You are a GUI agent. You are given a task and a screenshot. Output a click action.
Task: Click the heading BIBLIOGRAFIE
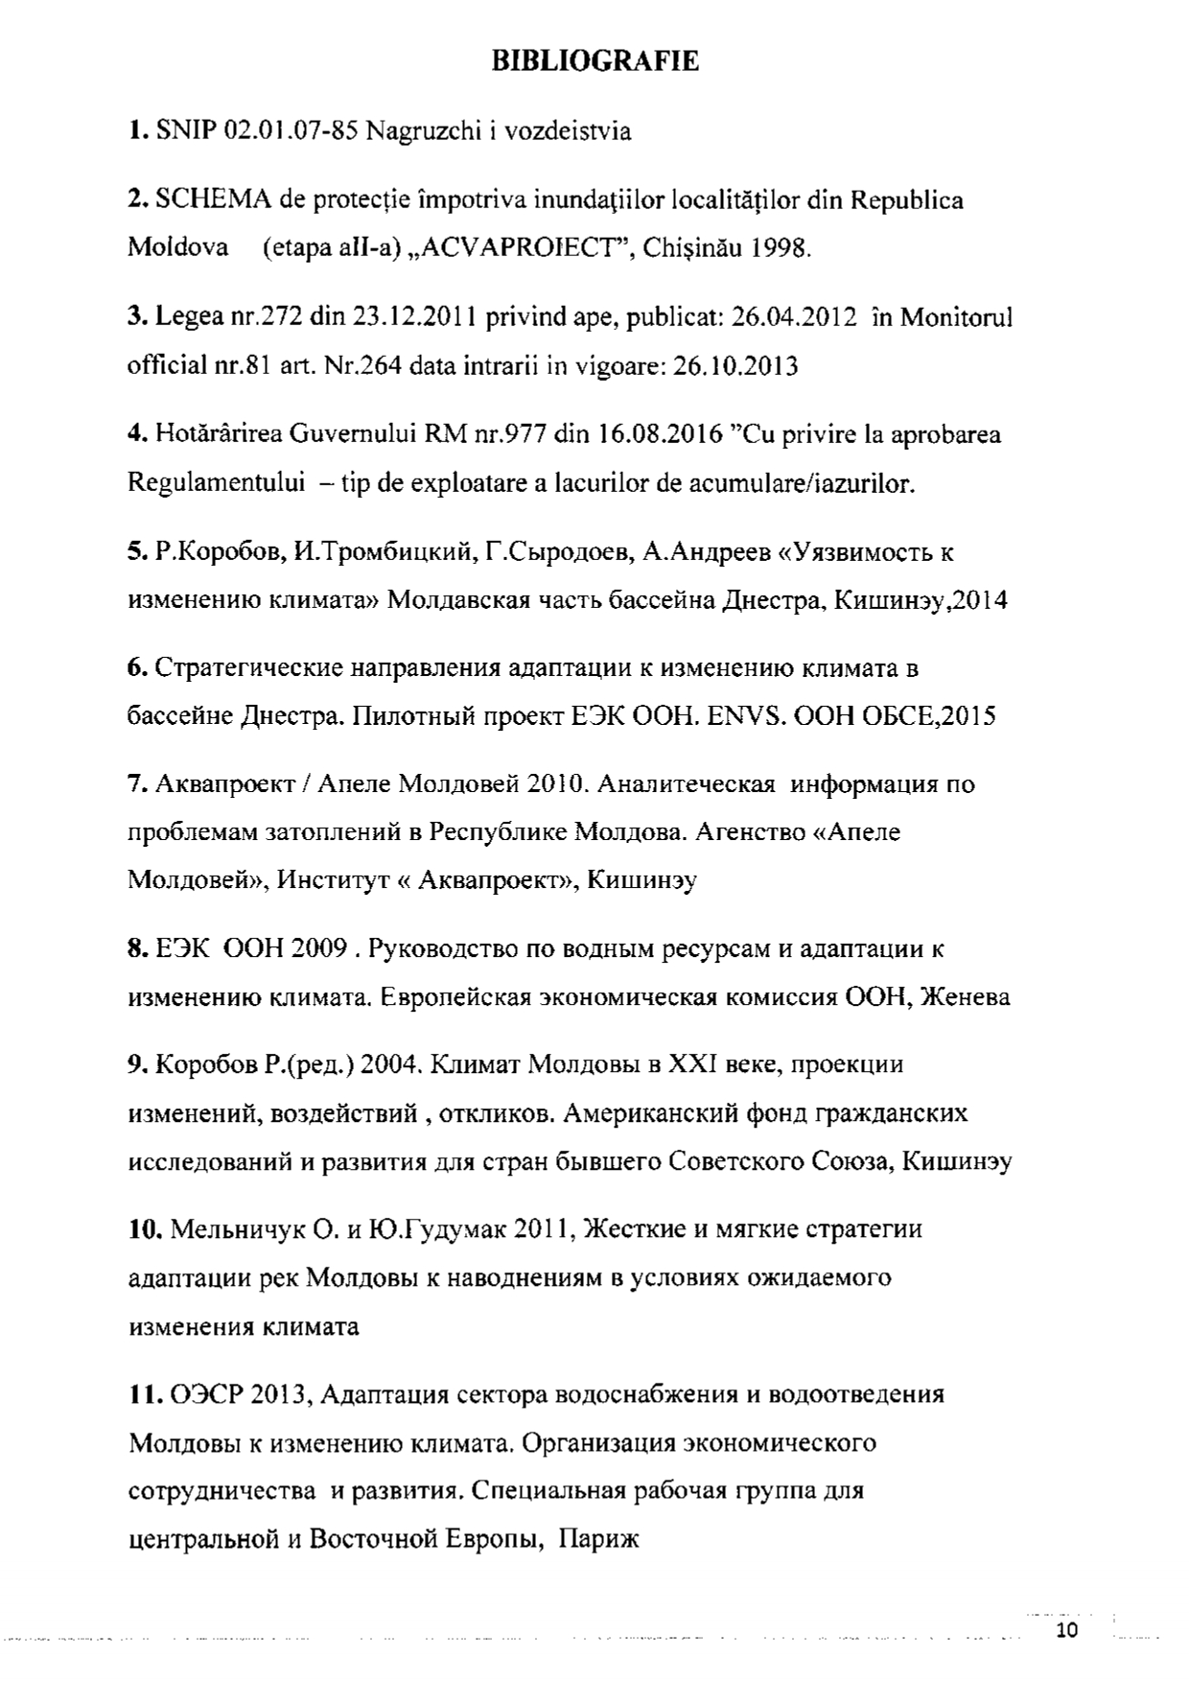[594, 62]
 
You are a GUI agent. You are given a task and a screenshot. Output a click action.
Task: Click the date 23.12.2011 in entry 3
[413, 317]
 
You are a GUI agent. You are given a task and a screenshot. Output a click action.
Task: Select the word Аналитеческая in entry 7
[686, 784]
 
